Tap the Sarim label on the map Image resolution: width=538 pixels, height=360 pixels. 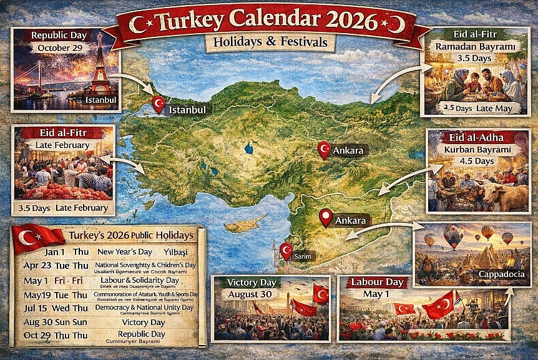[304, 256]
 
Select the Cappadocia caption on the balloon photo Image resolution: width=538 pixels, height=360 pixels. [504, 273]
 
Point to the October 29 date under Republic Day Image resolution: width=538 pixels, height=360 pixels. [60, 47]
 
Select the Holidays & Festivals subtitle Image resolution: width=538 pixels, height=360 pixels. [269, 43]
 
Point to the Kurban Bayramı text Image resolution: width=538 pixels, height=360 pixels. [479, 150]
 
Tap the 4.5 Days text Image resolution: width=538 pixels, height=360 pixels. [478, 161]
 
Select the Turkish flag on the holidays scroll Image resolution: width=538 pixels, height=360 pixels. [37, 238]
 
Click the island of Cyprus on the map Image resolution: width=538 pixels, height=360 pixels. [245, 223]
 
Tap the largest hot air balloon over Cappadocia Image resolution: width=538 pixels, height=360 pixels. [453, 236]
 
